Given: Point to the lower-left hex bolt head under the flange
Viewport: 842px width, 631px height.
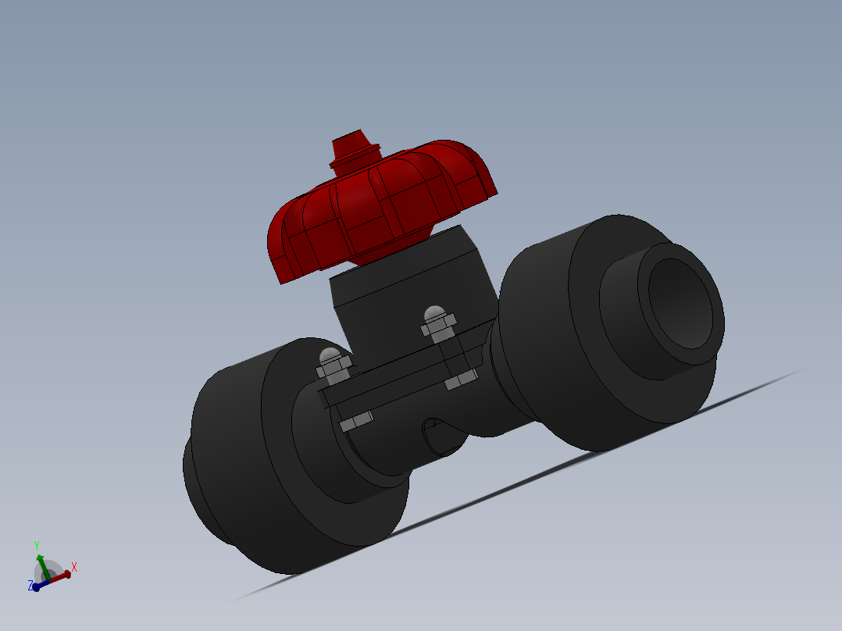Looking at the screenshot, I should [357, 422].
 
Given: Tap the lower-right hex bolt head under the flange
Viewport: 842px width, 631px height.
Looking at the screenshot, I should [461, 380].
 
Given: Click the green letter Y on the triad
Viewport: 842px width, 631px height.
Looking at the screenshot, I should [36, 545].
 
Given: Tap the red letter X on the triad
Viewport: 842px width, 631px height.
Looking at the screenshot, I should [74, 567].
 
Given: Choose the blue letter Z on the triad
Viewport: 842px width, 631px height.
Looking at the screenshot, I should [30, 585].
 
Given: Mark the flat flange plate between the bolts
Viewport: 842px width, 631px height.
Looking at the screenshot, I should [398, 383].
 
